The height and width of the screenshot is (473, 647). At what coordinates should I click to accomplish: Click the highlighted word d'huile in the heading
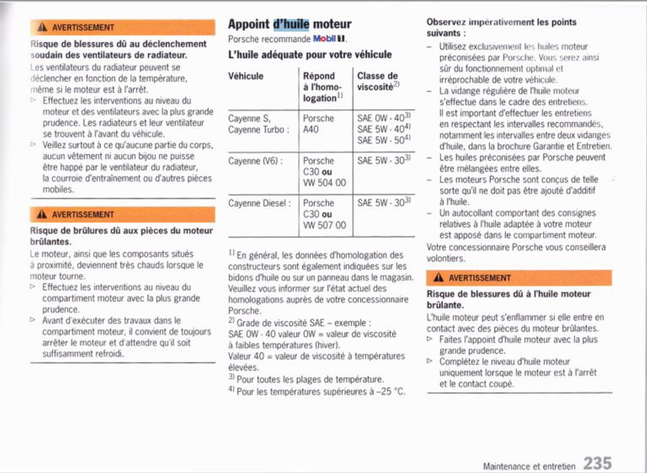click(x=291, y=24)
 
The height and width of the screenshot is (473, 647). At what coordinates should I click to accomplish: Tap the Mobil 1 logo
click(x=329, y=39)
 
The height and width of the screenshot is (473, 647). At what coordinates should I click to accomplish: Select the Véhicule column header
click(x=246, y=76)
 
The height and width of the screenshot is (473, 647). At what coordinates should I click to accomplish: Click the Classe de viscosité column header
click(x=378, y=81)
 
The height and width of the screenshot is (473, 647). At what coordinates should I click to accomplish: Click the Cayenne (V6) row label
click(x=255, y=161)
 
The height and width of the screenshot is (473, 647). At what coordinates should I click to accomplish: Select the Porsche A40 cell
click(x=318, y=124)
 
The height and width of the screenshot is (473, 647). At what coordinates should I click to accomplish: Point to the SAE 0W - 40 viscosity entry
click(x=381, y=118)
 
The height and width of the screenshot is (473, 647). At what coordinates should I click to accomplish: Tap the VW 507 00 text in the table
click(x=324, y=225)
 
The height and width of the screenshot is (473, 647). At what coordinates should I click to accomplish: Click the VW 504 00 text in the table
click(x=324, y=183)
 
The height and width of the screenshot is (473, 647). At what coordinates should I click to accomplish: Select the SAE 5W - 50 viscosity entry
click(x=381, y=140)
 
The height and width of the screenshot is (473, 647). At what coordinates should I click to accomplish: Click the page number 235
click(x=597, y=463)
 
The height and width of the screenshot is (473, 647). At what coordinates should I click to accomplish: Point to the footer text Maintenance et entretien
click(x=529, y=466)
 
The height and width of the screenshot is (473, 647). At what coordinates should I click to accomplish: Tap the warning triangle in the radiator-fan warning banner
click(x=42, y=27)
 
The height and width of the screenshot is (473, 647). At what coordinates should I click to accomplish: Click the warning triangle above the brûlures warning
click(x=42, y=214)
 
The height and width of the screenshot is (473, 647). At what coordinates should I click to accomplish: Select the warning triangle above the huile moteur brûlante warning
click(x=439, y=278)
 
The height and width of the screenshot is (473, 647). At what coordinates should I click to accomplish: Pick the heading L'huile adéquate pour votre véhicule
click(x=310, y=55)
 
